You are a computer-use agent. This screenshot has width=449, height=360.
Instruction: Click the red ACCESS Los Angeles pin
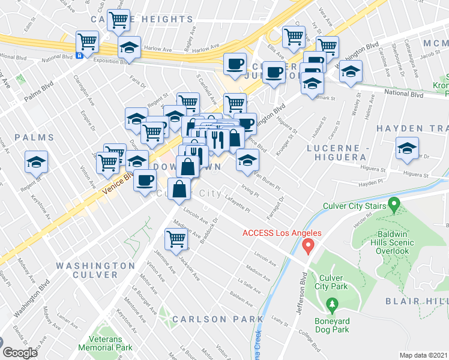click(x=309, y=245)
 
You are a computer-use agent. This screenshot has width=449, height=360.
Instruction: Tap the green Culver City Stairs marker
click(x=394, y=205)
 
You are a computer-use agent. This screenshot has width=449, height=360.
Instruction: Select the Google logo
click(x=20, y=353)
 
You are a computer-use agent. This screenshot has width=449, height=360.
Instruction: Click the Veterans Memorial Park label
click(x=109, y=343)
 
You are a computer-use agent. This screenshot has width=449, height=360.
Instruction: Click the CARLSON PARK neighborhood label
click(x=218, y=319)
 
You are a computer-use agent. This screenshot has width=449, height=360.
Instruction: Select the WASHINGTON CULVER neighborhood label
click(x=95, y=270)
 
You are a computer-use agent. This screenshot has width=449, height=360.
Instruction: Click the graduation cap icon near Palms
click(x=37, y=162)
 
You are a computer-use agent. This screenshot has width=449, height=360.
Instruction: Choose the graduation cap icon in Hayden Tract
click(x=407, y=149)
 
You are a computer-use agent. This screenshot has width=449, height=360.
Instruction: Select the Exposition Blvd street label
click(x=107, y=61)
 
